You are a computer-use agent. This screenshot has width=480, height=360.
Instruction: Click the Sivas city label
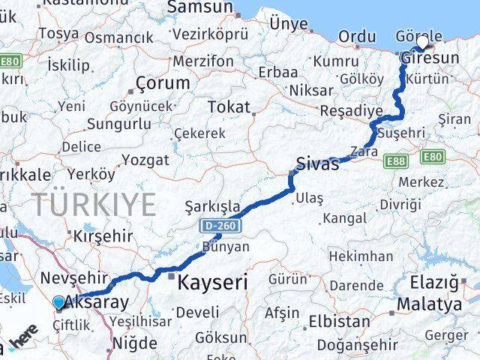[x=317, y=163]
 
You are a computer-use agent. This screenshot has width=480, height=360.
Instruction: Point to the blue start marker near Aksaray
[x=58, y=303]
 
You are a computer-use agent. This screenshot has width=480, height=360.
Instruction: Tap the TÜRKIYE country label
[x=94, y=204]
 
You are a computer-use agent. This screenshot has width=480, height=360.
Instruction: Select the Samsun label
[x=199, y=7]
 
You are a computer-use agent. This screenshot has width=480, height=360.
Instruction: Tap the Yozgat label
[x=145, y=159]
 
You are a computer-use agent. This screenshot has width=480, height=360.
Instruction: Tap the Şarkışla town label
[x=212, y=205]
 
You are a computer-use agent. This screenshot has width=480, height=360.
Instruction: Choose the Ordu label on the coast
[x=357, y=37]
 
